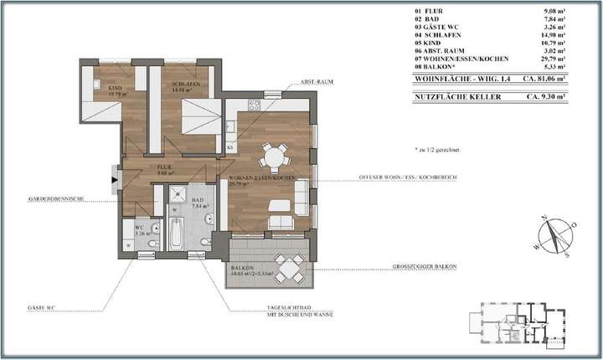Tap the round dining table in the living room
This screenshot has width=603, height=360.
click(273, 156)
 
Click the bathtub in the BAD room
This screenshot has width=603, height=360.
click(176, 234)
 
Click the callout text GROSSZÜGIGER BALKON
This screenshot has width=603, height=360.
click(424, 267)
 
